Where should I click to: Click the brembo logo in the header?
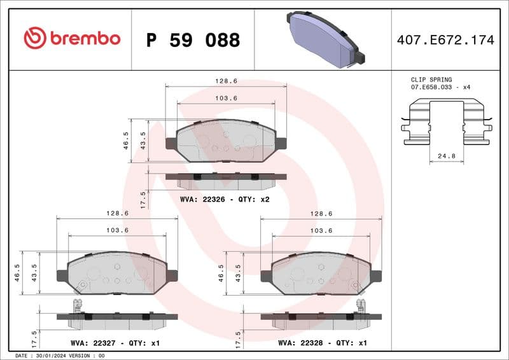pyautogui.click(x=72, y=39)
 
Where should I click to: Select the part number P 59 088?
pyautogui.click(x=193, y=40)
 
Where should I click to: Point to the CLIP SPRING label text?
pyautogui.click(x=431, y=80)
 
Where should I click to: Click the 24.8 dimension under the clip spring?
pyautogui.click(x=445, y=155)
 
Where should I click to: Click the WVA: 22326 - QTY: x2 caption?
pyautogui.click(x=225, y=199)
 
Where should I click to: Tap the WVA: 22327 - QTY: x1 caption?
pyautogui.click(x=111, y=343)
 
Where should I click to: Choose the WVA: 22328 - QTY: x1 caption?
pyautogui.click(x=323, y=343)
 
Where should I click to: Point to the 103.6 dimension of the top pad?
pyautogui.click(x=226, y=98)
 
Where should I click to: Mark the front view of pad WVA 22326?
pyautogui.click(x=226, y=141)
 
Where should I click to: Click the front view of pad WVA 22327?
pyautogui.click(x=117, y=273)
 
